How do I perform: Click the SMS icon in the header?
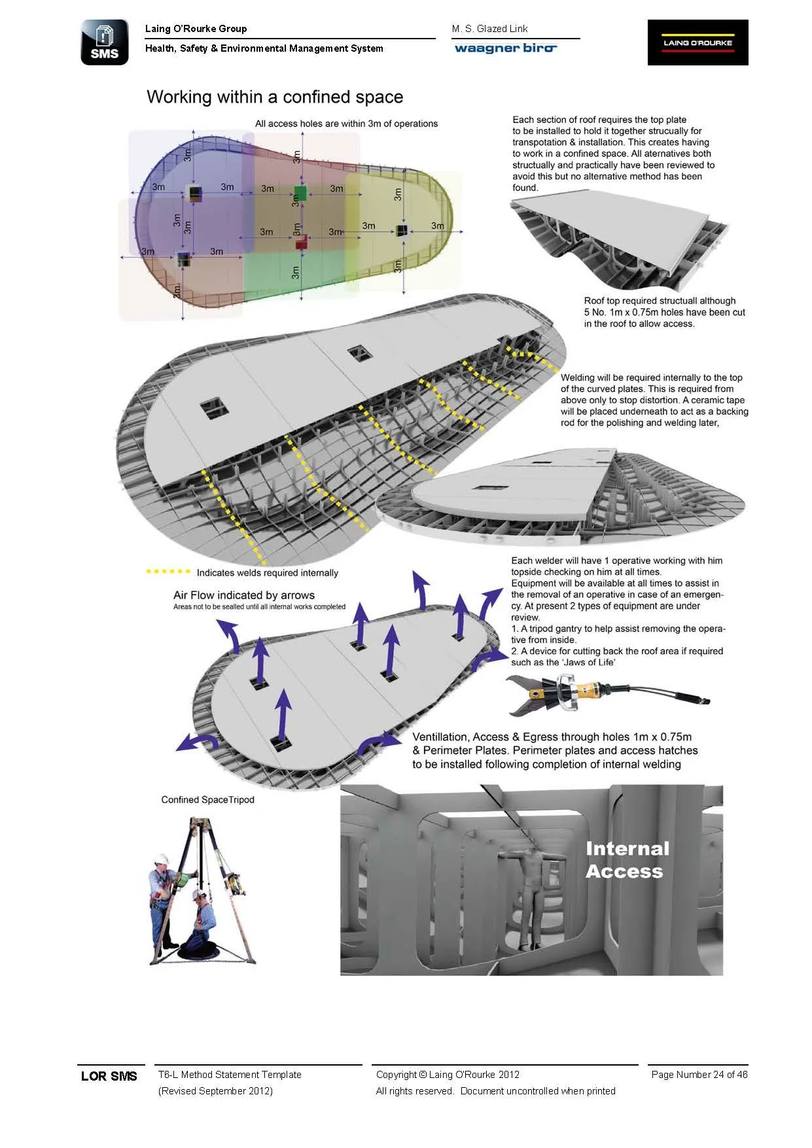coord(105,43)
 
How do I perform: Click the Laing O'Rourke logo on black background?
coord(697,43)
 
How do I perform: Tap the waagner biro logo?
coord(505,48)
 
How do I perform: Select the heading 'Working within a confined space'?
coord(275,97)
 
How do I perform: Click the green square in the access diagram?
coord(300,193)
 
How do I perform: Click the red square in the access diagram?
coord(301,243)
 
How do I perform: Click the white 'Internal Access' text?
coord(626,860)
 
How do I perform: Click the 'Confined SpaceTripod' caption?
coord(207,799)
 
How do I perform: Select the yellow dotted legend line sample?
coord(168,572)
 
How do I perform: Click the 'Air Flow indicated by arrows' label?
coord(244,595)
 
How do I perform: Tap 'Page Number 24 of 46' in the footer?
coord(699,1074)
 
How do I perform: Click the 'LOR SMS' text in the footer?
coord(109,1076)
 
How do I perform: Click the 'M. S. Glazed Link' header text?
coord(489,29)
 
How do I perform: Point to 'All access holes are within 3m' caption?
coord(346,124)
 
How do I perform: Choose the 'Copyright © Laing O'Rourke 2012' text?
coord(448,1074)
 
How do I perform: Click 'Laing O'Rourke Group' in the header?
coord(196,29)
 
